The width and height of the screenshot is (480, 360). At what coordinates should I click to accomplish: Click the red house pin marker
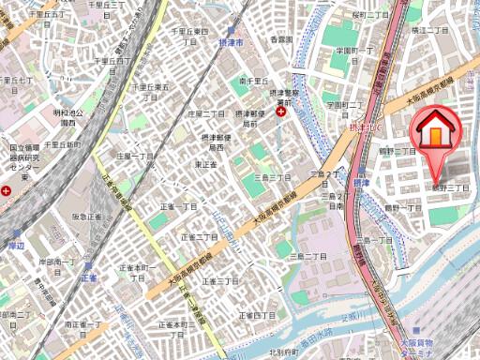[x=436, y=132]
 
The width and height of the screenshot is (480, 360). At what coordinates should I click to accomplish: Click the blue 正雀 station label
[x=89, y=277]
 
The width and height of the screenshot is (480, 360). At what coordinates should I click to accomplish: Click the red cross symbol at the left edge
[x=7, y=190]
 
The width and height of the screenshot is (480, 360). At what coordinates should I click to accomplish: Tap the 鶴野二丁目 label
[x=397, y=150]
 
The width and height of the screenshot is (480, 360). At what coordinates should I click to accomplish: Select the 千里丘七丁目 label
[x=18, y=83]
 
